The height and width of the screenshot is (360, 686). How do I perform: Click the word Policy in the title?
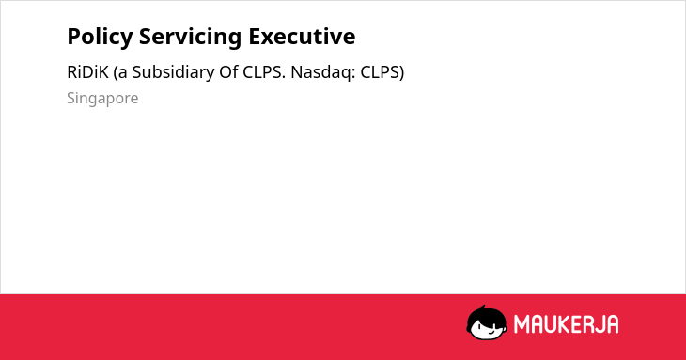point(100,37)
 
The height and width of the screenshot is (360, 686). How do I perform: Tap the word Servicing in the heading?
point(191,37)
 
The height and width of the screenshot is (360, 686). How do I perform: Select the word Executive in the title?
point(302,37)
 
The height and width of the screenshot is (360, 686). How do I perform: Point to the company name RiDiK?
point(87,72)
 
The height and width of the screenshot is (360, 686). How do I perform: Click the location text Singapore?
point(102,99)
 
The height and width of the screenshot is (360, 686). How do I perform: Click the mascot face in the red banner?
point(487,322)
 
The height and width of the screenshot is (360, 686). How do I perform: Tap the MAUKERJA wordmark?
point(566,324)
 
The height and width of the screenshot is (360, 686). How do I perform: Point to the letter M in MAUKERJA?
point(522,324)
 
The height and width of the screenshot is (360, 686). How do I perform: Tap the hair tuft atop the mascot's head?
point(483,308)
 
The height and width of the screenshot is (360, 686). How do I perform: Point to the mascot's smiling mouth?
point(491,332)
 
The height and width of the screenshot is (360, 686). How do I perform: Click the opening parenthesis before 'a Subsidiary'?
point(116,73)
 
